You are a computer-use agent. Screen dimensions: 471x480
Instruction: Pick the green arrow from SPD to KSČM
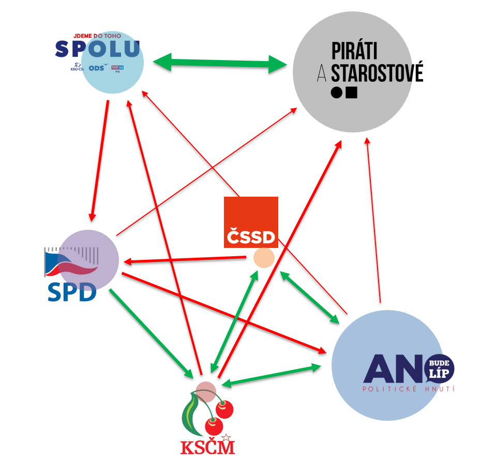coord(151,332)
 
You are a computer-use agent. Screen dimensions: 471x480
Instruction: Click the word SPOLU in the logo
coord(98,49)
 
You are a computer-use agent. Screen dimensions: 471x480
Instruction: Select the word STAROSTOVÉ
coord(377,73)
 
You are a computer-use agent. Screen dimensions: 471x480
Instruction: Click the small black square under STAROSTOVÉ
coord(352,93)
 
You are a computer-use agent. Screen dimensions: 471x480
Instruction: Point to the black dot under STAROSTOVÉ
coord(337,93)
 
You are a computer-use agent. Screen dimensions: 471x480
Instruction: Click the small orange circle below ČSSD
coord(264,258)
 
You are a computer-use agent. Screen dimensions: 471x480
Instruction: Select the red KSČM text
coord(207,447)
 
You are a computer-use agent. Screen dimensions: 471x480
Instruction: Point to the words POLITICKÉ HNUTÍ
coord(409,389)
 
